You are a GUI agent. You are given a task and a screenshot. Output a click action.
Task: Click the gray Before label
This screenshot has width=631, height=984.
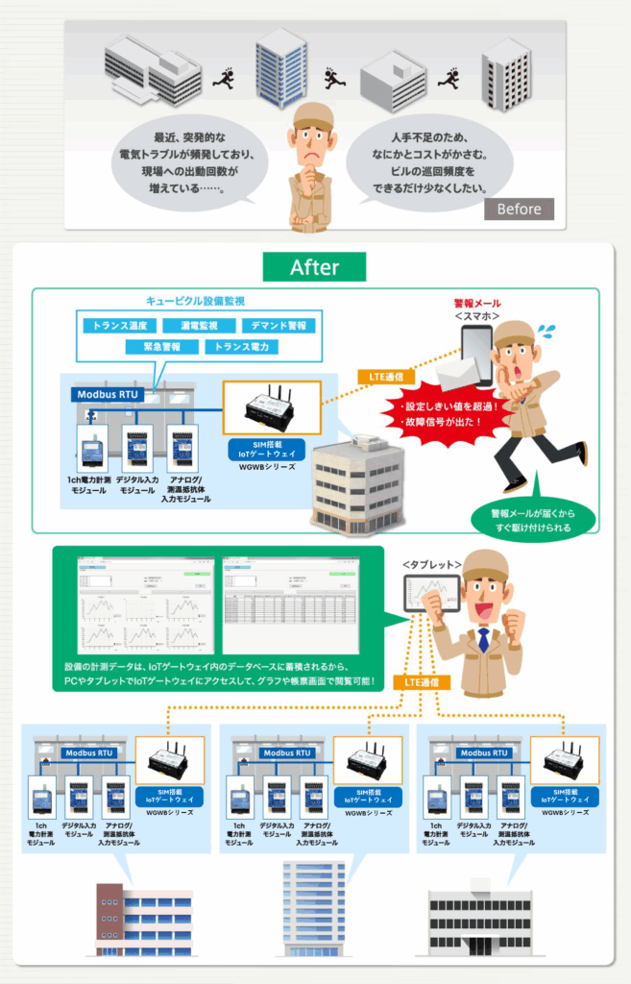[x=519, y=209]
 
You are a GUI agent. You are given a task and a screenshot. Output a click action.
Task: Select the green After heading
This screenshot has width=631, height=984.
[x=315, y=266]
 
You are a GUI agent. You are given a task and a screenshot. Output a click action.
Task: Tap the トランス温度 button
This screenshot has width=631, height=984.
[x=120, y=326]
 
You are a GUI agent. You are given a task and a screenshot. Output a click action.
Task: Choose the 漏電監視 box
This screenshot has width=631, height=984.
[x=198, y=326]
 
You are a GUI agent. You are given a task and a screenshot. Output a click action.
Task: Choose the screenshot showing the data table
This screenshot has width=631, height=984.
[x=290, y=604]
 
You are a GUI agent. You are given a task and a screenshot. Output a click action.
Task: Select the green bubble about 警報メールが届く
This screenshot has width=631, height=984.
[x=529, y=520]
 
